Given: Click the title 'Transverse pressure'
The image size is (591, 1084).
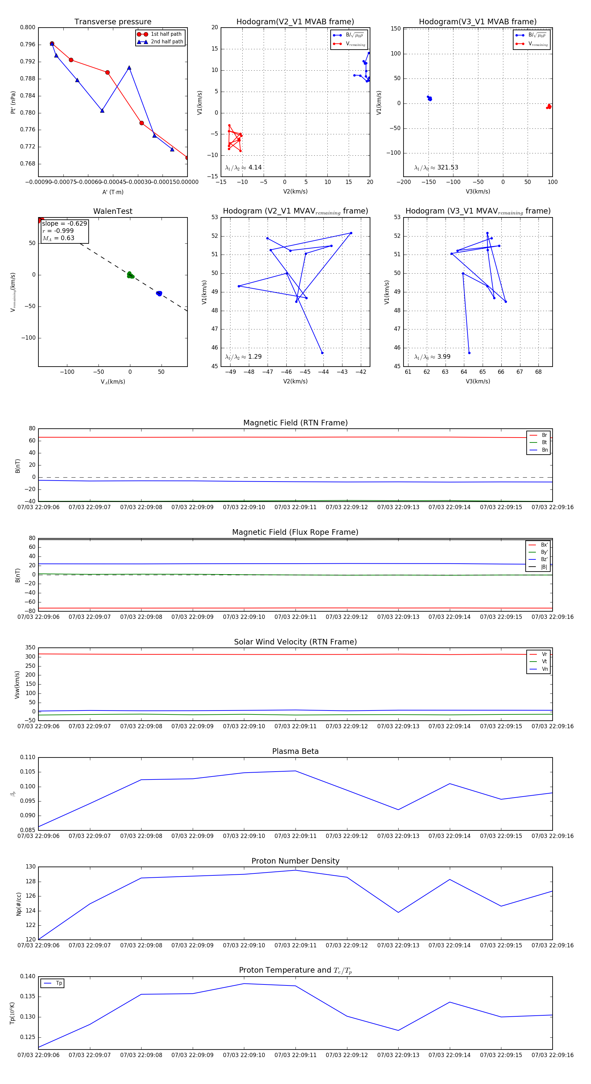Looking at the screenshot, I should [x=113, y=22].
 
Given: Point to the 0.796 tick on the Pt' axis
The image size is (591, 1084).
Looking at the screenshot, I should [x=28, y=45].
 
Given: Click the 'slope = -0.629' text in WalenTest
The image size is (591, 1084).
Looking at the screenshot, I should [x=64, y=223].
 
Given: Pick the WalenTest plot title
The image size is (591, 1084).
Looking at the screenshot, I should [x=113, y=211].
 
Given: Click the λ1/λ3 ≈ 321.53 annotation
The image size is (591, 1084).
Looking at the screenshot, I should [x=436, y=168].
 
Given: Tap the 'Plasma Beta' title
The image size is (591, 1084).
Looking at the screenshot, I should [x=295, y=751].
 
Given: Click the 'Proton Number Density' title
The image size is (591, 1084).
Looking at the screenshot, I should [x=295, y=861].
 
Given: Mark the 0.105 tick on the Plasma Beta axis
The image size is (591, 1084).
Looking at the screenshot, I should [x=28, y=772].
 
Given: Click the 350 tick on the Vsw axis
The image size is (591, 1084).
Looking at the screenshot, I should [x=30, y=648].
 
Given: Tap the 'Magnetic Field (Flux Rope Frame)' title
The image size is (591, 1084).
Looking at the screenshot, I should [x=295, y=532].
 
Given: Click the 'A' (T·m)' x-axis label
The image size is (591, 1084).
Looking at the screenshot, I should [x=113, y=192].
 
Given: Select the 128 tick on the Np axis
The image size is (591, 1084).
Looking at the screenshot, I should [x=30, y=882].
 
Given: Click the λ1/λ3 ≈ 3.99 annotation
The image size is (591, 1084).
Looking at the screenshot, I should [x=432, y=357].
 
